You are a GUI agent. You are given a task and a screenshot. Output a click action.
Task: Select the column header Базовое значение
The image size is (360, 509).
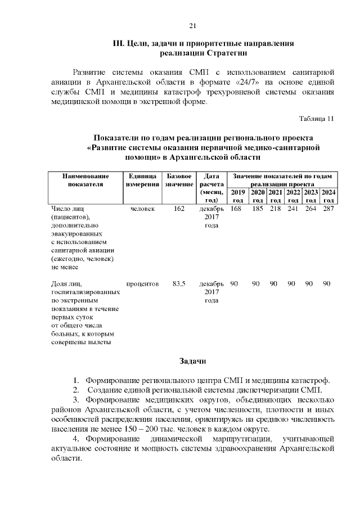[179, 180]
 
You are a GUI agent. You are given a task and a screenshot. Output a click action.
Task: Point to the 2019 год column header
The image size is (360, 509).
[238, 196]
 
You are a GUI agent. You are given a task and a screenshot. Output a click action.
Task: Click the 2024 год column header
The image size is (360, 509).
[329, 196]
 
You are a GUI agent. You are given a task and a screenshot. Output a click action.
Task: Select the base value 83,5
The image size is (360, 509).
[179, 283]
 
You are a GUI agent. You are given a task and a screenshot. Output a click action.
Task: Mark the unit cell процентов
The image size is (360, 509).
[142, 283]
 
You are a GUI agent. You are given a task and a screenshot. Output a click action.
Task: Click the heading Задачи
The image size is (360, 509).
[192, 361]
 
